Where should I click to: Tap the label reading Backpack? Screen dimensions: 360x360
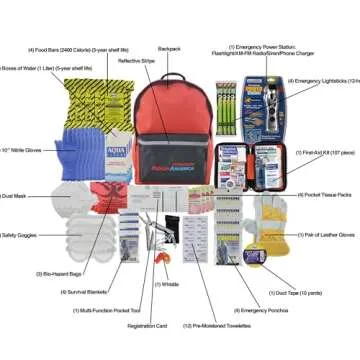[x=169, y=47]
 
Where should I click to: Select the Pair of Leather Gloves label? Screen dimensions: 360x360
[x=331, y=235]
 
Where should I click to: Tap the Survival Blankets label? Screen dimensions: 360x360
[x=79, y=292]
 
